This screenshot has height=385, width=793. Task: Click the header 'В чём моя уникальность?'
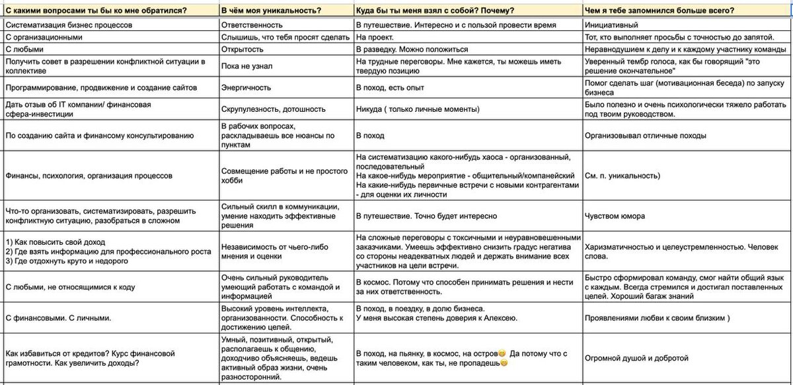pyautogui.click(x=271, y=11)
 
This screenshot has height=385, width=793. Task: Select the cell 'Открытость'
pyautogui.click(x=243, y=49)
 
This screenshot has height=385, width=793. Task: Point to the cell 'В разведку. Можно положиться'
pyautogui.click(x=412, y=49)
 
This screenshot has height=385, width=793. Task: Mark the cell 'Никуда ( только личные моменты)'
pyautogui.click(x=417, y=108)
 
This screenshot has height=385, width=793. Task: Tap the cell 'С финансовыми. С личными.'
pyautogui.click(x=58, y=318)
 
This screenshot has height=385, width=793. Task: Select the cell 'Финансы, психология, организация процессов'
pyautogui.click(x=89, y=176)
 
